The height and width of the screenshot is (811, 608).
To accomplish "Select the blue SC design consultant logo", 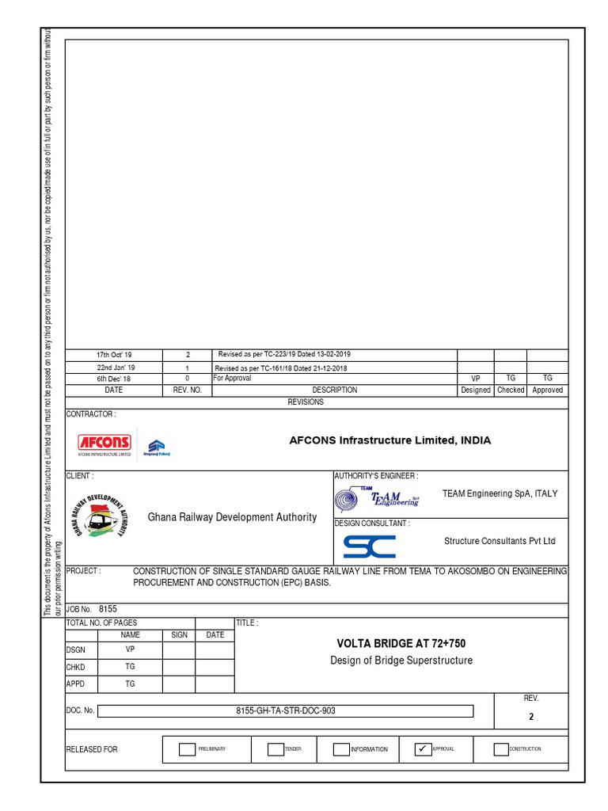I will pyautogui.click(x=369, y=546).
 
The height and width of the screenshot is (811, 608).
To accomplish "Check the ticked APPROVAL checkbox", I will pyautogui.click(x=423, y=749).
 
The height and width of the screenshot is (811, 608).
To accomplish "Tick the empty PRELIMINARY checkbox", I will pyautogui.click(x=186, y=749).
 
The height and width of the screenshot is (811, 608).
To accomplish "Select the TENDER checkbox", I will pyautogui.click(x=275, y=749).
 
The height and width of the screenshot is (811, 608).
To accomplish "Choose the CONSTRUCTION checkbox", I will pyautogui.click(x=500, y=749).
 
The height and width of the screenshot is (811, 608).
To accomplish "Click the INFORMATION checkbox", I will pyautogui.click(x=340, y=749).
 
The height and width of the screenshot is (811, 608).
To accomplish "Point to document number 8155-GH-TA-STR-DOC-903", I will pyautogui.click(x=285, y=710).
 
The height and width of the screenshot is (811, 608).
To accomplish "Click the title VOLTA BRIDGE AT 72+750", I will pyautogui.click(x=401, y=643).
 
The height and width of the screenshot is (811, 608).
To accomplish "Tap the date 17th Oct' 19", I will pyautogui.click(x=115, y=356).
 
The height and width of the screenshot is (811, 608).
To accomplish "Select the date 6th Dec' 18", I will pyautogui.click(x=115, y=379).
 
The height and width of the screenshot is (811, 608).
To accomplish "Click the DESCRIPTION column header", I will pyautogui.click(x=334, y=390).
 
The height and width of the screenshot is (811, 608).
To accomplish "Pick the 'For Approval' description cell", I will pyautogui.click(x=232, y=379).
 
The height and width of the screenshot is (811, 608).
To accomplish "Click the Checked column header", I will pyautogui.click(x=511, y=390).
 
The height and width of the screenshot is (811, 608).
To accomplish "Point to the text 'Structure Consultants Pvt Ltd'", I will pyautogui.click(x=500, y=541).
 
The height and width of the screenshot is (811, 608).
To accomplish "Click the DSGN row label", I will pyautogui.click(x=75, y=649).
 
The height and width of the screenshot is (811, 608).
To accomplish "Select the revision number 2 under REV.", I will pyautogui.click(x=531, y=717).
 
